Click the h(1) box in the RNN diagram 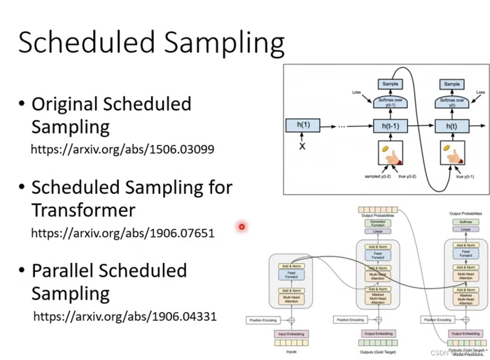click(303, 126)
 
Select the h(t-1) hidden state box click(390, 126)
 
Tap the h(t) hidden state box click(451, 126)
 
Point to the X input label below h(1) click(302, 147)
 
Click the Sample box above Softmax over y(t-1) click(390, 84)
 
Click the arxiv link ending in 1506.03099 click(123, 149)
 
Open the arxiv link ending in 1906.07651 click(123, 233)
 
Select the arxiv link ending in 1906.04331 click(125, 316)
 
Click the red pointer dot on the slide click(242, 226)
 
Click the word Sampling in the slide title click(224, 43)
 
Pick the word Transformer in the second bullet click(83, 210)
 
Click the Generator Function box click(378, 223)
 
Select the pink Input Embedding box click(291, 334)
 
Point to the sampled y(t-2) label click(377, 176)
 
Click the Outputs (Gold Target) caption click(377, 352)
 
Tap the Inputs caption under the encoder click(291, 352)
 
